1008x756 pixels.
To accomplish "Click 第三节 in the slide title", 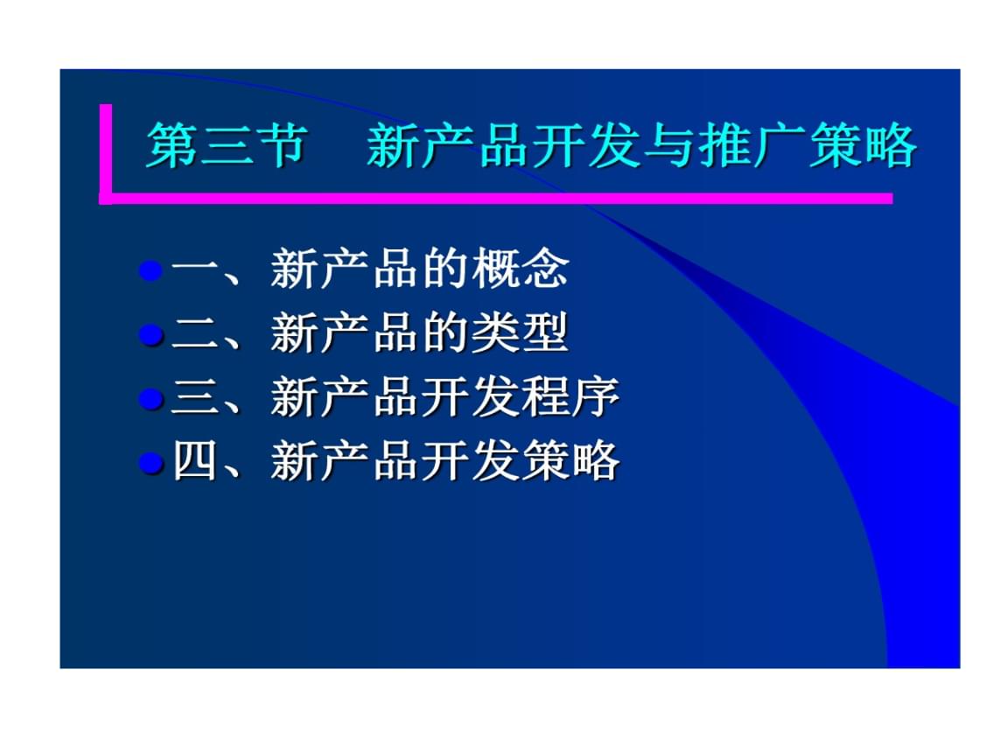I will tap(227, 145).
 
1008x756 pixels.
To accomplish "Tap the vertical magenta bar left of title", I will tap(106, 150).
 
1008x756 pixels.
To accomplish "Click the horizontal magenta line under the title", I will tap(499, 199).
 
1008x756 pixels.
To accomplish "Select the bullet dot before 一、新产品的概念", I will tap(152, 270).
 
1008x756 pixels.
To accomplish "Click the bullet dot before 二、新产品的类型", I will tap(152, 334).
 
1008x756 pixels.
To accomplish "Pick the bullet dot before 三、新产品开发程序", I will tap(152, 399).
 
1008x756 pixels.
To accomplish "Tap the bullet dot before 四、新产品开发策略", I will tap(152, 463).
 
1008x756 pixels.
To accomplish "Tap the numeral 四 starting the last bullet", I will tap(193, 461).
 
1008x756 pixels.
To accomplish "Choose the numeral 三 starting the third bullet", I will tap(193, 398).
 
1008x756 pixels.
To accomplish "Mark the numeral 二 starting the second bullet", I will tap(193, 333).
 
